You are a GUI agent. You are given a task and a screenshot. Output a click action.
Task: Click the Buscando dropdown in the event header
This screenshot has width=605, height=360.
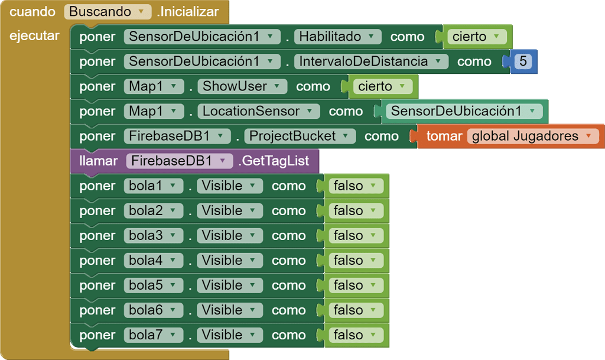tap(107, 12)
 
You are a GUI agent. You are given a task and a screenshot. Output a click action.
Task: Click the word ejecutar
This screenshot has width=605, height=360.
tap(34, 35)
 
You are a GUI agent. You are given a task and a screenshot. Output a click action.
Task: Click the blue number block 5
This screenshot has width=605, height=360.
tap(522, 61)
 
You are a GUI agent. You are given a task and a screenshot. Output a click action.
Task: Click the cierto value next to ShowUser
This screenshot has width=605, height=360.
tap(382, 86)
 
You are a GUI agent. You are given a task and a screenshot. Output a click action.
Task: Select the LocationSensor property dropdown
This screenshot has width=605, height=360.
tap(258, 111)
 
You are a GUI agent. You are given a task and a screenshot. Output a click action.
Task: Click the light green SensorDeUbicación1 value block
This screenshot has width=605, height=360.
tap(464, 111)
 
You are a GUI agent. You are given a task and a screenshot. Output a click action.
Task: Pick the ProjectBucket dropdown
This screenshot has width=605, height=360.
tap(300, 136)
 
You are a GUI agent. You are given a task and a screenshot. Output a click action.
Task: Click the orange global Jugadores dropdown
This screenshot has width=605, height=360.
tap(532, 136)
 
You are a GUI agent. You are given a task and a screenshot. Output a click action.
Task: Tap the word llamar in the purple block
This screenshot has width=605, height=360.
tap(98, 161)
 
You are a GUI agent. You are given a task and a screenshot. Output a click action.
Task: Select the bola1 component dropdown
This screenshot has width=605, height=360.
tap(152, 186)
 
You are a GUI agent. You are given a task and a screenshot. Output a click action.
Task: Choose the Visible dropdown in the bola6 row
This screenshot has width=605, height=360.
tap(229, 310)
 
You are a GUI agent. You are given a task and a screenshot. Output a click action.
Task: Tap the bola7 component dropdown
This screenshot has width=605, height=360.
tap(152, 335)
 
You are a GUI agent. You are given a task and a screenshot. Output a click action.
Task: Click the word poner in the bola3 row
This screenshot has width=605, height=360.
tap(97, 235)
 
